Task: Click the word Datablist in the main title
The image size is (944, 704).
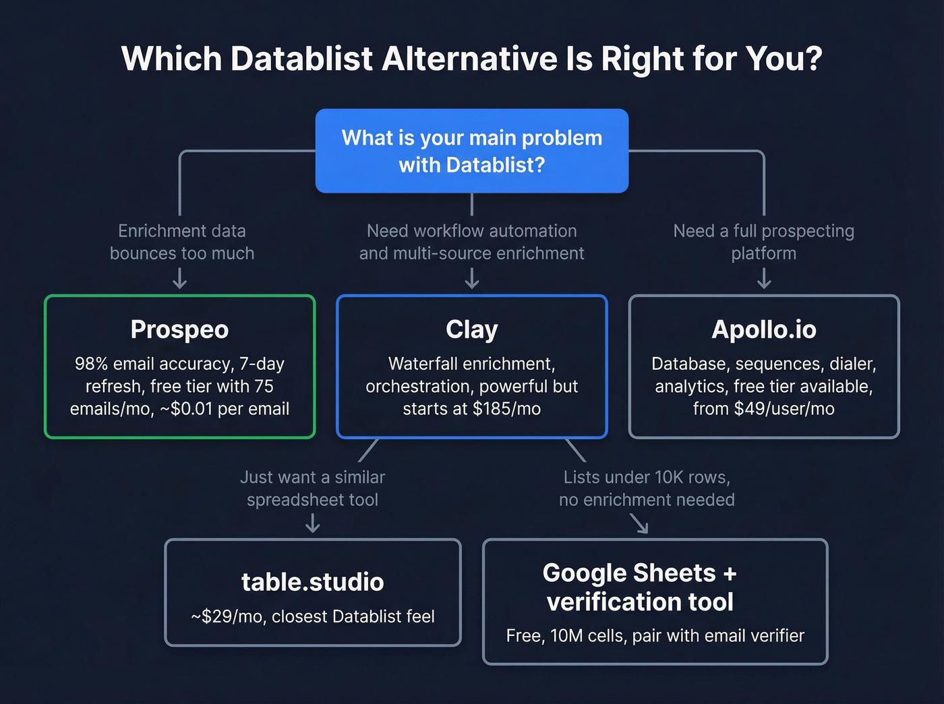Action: click(301, 59)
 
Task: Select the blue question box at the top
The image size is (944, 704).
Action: click(472, 151)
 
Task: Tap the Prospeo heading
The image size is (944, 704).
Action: click(179, 329)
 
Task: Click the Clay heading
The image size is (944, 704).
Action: click(472, 329)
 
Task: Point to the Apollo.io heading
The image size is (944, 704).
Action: click(764, 329)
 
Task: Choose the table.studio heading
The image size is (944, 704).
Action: click(313, 582)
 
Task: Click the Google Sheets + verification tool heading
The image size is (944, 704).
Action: click(640, 587)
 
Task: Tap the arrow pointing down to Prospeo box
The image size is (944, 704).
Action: click(179, 278)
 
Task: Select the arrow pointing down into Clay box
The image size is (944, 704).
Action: click(472, 278)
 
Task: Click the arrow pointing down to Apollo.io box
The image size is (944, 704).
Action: click(764, 278)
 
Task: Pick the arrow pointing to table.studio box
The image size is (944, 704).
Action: click(313, 523)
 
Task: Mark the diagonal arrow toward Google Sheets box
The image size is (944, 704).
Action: click(639, 523)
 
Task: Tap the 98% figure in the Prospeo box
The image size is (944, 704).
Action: click(91, 364)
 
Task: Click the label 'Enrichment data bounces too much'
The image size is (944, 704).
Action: click(182, 242)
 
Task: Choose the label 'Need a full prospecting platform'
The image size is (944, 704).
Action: click(764, 242)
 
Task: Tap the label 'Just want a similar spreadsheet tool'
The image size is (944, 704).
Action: click(313, 488)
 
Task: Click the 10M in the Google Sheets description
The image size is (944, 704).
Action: click(566, 636)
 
